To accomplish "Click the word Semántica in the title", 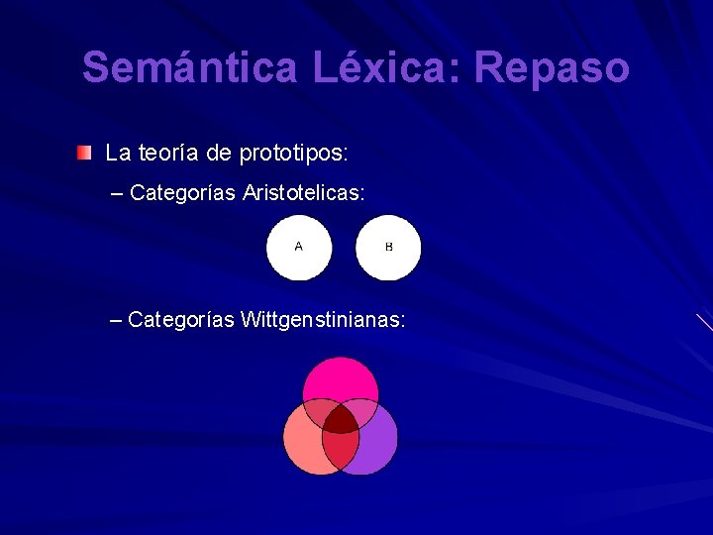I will click(191, 68).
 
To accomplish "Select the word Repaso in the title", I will click(552, 68).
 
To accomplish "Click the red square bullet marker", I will click(86, 153).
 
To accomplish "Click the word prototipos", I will click(294, 154).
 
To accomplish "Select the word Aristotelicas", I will click(303, 192).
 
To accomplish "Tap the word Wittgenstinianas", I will click(322, 320).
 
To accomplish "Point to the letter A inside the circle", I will click(298, 247).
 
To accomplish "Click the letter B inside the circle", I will click(388, 247).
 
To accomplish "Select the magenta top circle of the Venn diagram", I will click(341, 377).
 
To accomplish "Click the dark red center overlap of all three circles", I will click(341, 420).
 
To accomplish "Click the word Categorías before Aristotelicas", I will click(182, 192).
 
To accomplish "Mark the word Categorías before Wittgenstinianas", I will click(181, 320).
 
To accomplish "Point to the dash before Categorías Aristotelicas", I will click(120, 192).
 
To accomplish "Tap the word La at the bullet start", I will click(117, 153).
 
